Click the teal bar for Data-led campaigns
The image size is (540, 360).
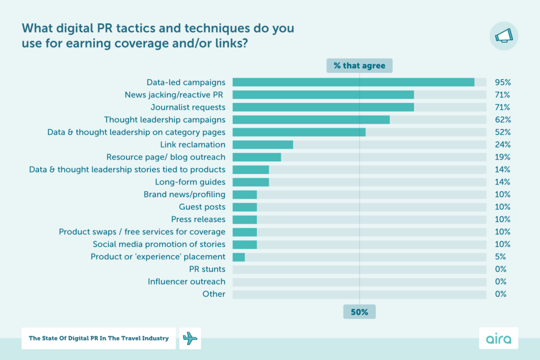coord(353,82)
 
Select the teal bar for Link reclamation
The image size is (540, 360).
coord(263,144)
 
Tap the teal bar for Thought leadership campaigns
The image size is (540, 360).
coord(311,120)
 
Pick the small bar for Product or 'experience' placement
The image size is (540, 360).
coord(238,257)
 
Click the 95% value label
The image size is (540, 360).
coord(502,82)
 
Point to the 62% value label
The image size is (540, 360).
coord(502,120)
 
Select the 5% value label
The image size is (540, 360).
coord(500,257)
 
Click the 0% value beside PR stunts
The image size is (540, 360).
coord(500,269)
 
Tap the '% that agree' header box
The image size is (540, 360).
coord(359,66)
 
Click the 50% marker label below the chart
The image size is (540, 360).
coord(359,312)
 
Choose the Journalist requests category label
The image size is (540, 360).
coord(188,107)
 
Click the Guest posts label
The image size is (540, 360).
coord(202,207)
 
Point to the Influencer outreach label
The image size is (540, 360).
coord(187,281)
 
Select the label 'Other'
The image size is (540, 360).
coord(214,294)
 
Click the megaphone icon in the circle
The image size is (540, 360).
coord(504,36)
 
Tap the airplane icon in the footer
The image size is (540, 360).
coord(190,338)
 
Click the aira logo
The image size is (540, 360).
coord(498,338)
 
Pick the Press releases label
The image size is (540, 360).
coord(198,219)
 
